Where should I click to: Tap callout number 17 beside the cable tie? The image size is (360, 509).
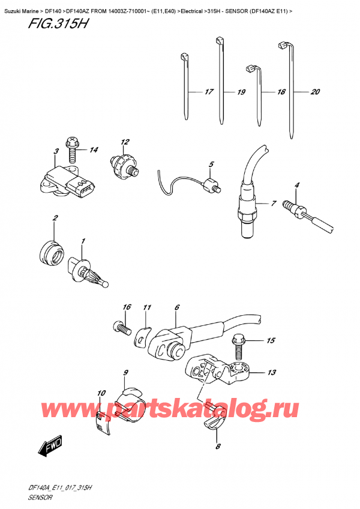coord(208,92)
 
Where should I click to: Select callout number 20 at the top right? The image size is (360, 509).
coord(316,92)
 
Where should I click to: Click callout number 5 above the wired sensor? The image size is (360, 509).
coord(211,164)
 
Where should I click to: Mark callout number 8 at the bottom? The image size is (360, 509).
coord(218,446)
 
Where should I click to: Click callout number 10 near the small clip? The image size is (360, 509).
coord(101,394)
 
